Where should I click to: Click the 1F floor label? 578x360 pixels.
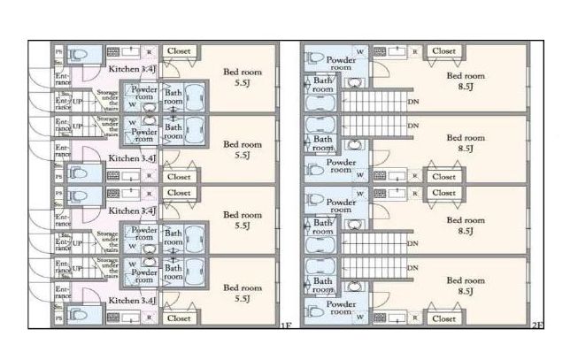click(x=285, y=327)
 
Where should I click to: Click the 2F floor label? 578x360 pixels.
click(x=537, y=327)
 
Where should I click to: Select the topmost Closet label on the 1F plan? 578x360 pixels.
click(x=179, y=51)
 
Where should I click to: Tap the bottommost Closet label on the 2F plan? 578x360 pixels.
click(x=443, y=318)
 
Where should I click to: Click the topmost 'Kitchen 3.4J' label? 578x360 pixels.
click(x=132, y=67)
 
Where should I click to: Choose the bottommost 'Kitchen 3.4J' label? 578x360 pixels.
click(x=132, y=301)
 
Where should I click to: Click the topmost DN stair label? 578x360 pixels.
click(x=412, y=101)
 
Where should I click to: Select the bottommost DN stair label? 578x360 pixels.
click(x=412, y=268)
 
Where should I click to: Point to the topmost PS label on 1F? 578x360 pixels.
click(x=59, y=51)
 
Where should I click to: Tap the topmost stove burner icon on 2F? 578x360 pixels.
click(x=380, y=51)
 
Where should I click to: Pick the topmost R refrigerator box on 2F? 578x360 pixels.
click(x=415, y=51)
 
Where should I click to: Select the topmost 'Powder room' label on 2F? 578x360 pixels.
click(x=341, y=60)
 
